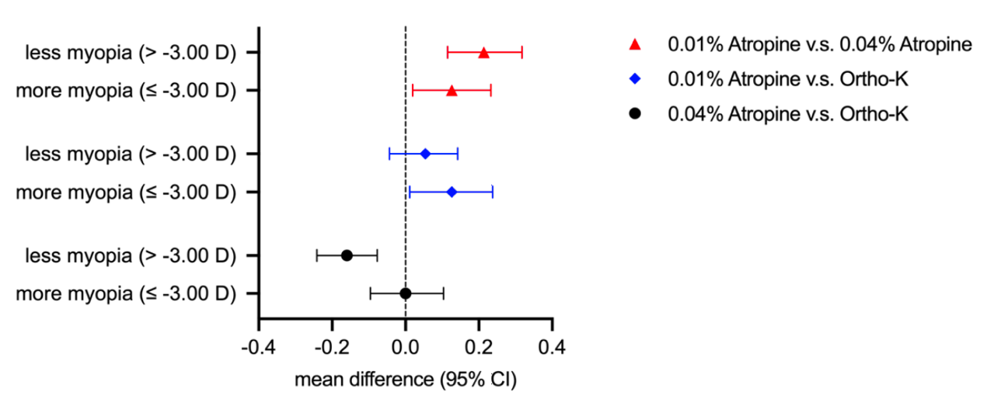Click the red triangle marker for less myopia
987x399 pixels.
pyautogui.click(x=483, y=53)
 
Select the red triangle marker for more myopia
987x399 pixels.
pyautogui.click(x=452, y=91)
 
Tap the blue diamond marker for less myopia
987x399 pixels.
pyautogui.click(x=425, y=154)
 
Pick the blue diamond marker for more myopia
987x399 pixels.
pyautogui.click(x=452, y=192)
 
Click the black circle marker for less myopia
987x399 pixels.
pyautogui.click(x=347, y=255)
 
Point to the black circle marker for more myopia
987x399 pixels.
pyautogui.click(x=405, y=293)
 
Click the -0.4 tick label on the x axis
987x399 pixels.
pyautogui.click(x=258, y=345)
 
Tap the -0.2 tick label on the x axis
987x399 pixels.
pyautogui.click(x=331, y=345)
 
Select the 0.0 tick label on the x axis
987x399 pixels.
pyautogui.click(x=406, y=345)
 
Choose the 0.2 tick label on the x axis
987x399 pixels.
pyautogui.click(x=479, y=345)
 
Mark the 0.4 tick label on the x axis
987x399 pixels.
pyautogui.click(x=552, y=345)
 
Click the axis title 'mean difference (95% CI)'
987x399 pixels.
pyautogui.click(x=405, y=381)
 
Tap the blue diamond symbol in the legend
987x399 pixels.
pyautogui.click(x=635, y=79)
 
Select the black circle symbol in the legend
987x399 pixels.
pyautogui.click(x=635, y=113)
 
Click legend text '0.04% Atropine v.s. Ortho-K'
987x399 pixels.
pyautogui.click(x=787, y=113)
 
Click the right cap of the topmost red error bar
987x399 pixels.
pyautogui.click(x=521, y=53)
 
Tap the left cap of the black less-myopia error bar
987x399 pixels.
pyautogui.click(x=317, y=255)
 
